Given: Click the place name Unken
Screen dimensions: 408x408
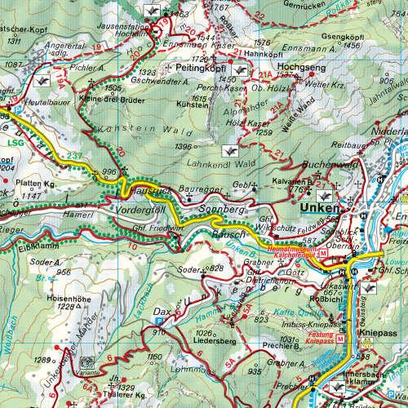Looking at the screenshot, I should pos(320,207).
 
